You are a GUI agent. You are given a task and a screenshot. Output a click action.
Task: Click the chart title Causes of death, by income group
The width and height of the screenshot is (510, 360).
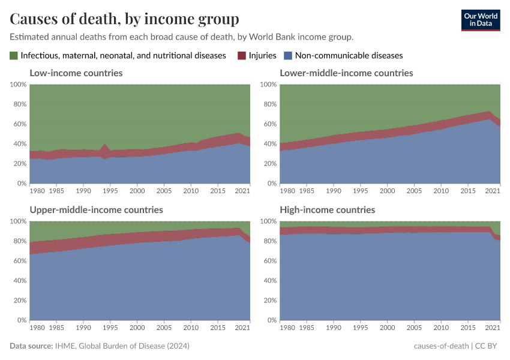point(124,19)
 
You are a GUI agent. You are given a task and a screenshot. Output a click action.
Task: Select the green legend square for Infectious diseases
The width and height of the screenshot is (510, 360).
point(14,55)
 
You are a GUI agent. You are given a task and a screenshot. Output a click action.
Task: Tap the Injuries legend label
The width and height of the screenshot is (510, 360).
point(262,55)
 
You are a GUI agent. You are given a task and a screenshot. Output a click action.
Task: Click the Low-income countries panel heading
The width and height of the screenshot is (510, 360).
point(76,73)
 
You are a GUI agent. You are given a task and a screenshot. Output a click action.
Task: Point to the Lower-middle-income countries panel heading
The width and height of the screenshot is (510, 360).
point(346,73)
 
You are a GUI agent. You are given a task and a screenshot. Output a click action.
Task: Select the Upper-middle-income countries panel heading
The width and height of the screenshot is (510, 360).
point(96,210)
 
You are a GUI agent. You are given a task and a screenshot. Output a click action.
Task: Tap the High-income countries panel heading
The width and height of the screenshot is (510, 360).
point(327,210)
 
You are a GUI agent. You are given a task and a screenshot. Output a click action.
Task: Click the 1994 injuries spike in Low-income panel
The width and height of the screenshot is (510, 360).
point(106,148)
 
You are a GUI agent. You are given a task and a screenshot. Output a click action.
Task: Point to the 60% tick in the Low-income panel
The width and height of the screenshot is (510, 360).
point(19,124)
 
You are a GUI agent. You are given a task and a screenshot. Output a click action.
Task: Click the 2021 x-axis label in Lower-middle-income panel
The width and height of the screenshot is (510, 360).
point(493,191)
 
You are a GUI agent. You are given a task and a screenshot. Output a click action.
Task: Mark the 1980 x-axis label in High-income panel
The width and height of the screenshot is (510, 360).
point(288,328)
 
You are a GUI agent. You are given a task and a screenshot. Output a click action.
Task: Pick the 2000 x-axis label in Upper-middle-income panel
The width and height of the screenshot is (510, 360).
point(137,328)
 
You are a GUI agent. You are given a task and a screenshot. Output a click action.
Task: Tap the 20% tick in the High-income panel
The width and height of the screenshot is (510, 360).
point(269,301)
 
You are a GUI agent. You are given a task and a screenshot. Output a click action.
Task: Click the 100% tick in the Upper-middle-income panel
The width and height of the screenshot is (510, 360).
point(17,221)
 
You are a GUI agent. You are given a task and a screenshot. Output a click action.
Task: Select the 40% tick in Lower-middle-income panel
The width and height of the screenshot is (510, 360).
point(269,144)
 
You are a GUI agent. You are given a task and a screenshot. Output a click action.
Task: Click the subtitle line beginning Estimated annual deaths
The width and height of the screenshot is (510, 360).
point(181,37)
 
